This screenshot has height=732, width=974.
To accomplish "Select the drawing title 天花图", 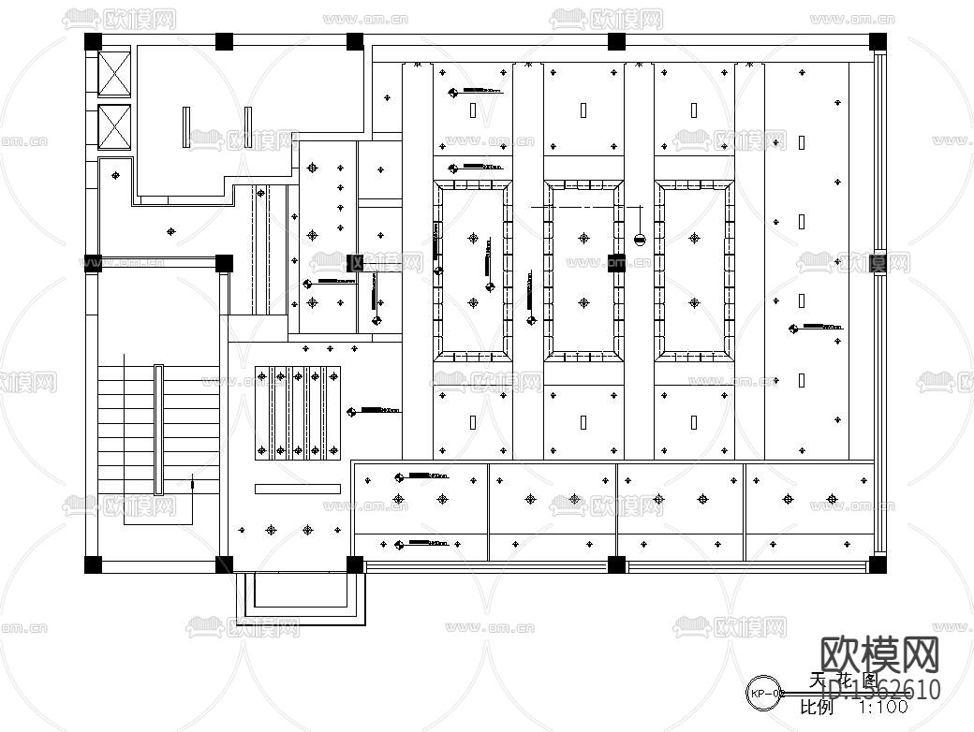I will click(843, 681).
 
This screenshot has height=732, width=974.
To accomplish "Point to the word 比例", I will click(817, 709).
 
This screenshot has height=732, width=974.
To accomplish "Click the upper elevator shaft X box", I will click(117, 73).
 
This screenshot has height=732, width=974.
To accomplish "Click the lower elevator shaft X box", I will click(117, 127).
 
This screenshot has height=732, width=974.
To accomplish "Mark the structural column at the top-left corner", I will click(93, 41).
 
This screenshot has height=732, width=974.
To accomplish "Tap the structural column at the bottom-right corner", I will click(878, 564).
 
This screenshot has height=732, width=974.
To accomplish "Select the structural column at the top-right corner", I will click(878, 41).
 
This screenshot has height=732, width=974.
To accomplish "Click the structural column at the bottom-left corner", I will click(93, 564).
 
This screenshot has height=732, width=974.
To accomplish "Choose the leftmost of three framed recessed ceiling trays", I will click(472, 271).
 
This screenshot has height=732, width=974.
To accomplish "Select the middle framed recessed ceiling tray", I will click(583, 271).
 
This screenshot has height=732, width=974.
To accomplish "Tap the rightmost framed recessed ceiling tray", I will click(694, 271).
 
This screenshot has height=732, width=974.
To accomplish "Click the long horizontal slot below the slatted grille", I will click(298, 488).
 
